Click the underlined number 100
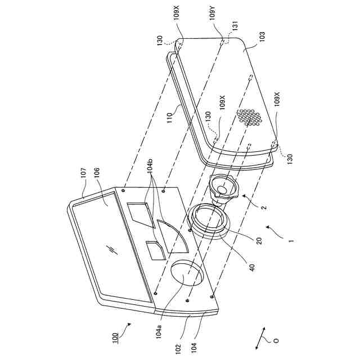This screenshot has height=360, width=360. tap(115, 338)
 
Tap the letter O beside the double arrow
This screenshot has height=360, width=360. tap(275, 340)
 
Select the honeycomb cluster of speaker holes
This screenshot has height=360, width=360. tap(249, 117)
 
